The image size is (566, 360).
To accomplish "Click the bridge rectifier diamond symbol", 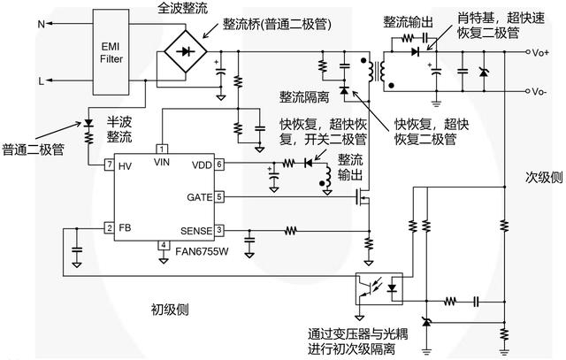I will click(x=183, y=52).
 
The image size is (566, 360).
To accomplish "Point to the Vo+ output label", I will click(x=539, y=53).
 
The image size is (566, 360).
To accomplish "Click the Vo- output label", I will click(x=539, y=91).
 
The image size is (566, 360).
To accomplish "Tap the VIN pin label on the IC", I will click(x=162, y=161).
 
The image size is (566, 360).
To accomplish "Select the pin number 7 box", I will click(x=109, y=165).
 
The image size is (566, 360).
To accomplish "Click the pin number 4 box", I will click(x=163, y=245).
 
